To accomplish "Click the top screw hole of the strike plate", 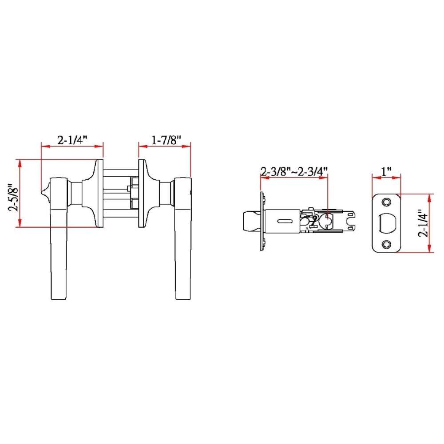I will coord(386,202).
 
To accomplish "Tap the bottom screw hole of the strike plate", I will coord(386,244).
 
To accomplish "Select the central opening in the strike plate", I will coord(386,223).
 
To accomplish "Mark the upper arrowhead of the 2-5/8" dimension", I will coord(20,163).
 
